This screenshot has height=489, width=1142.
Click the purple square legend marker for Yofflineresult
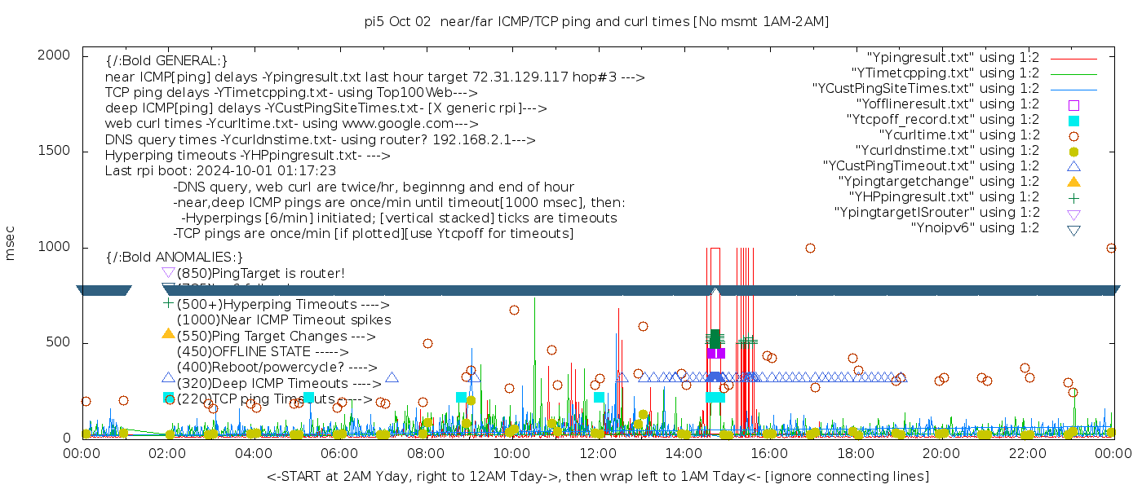click(1073, 105)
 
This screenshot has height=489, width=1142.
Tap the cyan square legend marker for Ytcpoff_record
click(1073, 121)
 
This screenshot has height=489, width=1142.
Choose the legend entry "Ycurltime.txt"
click(958, 135)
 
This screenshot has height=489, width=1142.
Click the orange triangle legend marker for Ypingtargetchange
click(1073, 182)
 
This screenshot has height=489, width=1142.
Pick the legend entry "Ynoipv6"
click(975, 227)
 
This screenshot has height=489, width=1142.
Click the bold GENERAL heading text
click(166, 61)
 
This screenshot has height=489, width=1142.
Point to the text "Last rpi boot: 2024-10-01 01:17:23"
click(220, 171)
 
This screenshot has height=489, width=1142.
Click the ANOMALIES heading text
click(175, 258)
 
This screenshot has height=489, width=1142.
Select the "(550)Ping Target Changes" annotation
click(276, 336)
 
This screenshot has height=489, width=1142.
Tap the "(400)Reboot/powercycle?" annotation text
click(277, 368)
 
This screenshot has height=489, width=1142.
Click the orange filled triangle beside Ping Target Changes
click(168, 333)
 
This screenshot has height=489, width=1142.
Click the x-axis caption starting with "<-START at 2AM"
click(597, 476)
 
